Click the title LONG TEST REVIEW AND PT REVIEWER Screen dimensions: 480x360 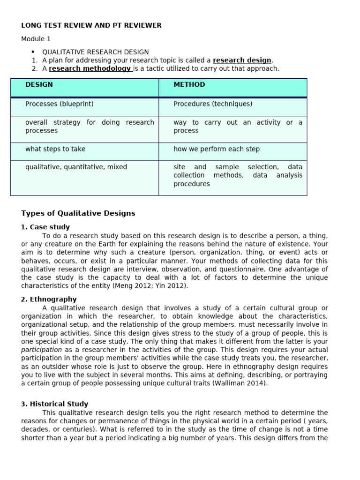91,25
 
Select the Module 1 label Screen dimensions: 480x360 36,39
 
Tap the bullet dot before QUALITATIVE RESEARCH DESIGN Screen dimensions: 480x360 33,52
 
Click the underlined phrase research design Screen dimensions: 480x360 242,60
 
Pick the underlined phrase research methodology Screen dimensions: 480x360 90,68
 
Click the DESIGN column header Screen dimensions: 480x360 39,85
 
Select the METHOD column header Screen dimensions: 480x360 189,85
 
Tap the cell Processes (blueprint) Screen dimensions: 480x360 60,104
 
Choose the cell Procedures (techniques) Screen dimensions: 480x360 213,104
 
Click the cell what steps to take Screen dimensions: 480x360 55,149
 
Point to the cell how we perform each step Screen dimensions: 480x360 217,149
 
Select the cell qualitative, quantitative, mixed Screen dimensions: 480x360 76,167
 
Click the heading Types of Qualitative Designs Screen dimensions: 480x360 78,213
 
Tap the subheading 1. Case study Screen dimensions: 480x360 45,227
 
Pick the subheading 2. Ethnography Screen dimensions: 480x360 49,299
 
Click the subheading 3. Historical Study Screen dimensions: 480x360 54,404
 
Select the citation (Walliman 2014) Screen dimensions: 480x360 251,383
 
